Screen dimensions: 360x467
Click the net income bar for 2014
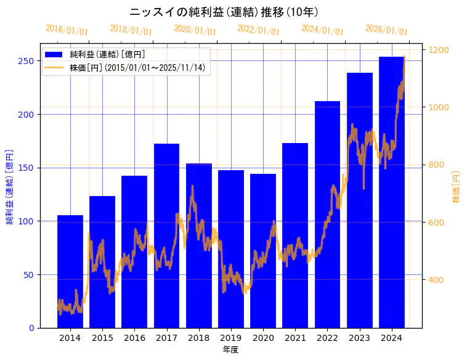point(70,271)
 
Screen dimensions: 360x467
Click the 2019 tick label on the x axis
point(231,337)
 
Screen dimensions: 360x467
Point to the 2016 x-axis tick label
point(134,337)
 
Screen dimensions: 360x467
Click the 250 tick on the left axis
point(26,61)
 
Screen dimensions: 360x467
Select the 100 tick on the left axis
point(26,221)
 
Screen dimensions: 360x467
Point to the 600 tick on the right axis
point(437,223)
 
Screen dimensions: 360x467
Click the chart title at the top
point(224,12)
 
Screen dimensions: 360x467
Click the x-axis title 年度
point(230,350)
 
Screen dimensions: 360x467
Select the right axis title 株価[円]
point(457,187)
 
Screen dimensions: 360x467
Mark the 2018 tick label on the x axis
point(198,337)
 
